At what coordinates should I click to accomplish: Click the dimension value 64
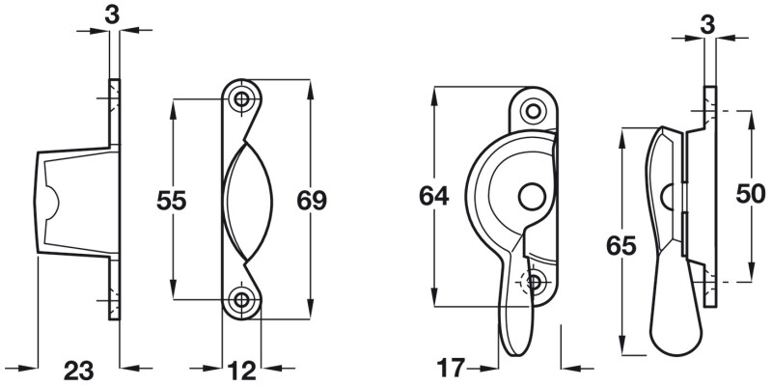(x=432, y=197)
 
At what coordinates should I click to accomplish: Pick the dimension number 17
(x=451, y=368)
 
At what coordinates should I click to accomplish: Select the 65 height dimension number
(x=621, y=246)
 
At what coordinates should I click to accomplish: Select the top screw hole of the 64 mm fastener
(x=535, y=110)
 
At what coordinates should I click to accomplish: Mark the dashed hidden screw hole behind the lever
(x=534, y=282)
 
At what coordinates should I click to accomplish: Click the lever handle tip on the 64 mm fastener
(x=512, y=333)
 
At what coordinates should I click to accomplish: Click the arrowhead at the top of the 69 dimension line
(x=310, y=89)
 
